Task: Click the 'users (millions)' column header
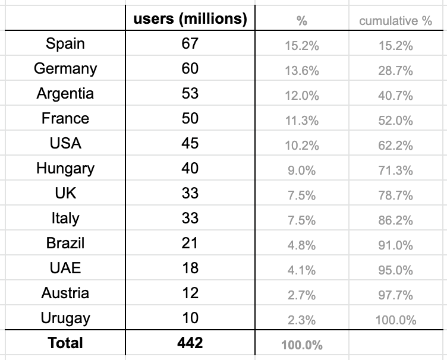[x=190, y=19]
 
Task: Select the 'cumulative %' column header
[x=395, y=21]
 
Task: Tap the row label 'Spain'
[x=65, y=44]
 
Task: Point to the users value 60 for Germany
[x=190, y=69]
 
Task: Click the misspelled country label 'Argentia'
[x=65, y=94]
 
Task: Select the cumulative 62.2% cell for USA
[x=395, y=146]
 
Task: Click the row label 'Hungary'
[x=65, y=169]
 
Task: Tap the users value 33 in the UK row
[x=190, y=194]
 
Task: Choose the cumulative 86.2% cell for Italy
[x=395, y=220]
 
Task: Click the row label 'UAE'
[x=65, y=269]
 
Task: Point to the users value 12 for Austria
[x=190, y=293]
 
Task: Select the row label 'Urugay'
[x=65, y=318]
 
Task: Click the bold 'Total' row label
[x=65, y=343]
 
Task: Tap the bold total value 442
[x=190, y=343]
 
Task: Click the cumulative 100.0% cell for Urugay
[x=395, y=320]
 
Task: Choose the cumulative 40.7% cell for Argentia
[x=395, y=96]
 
